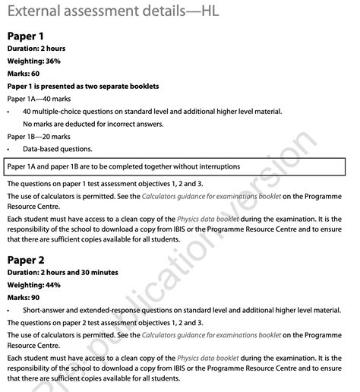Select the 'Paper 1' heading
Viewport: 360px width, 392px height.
[25, 36]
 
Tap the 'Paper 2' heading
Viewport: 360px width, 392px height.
[26, 259]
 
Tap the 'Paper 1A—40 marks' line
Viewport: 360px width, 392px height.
[39, 99]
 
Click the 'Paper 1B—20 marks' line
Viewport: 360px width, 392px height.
[39, 137]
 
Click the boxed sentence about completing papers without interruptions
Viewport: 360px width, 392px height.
[124, 166]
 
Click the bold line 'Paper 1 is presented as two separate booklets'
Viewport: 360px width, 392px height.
[83, 86]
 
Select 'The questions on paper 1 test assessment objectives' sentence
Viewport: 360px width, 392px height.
[105, 183]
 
